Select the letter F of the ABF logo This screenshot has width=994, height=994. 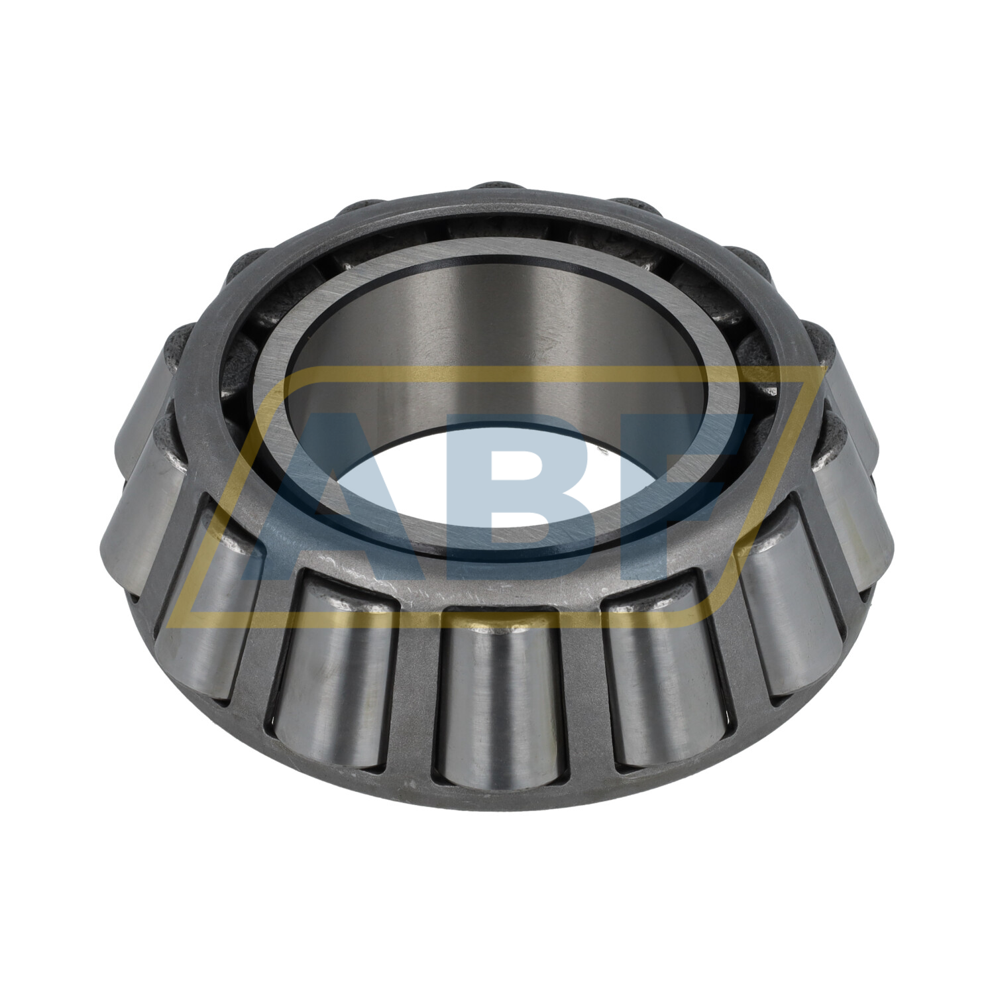click(x=689, y=490)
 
